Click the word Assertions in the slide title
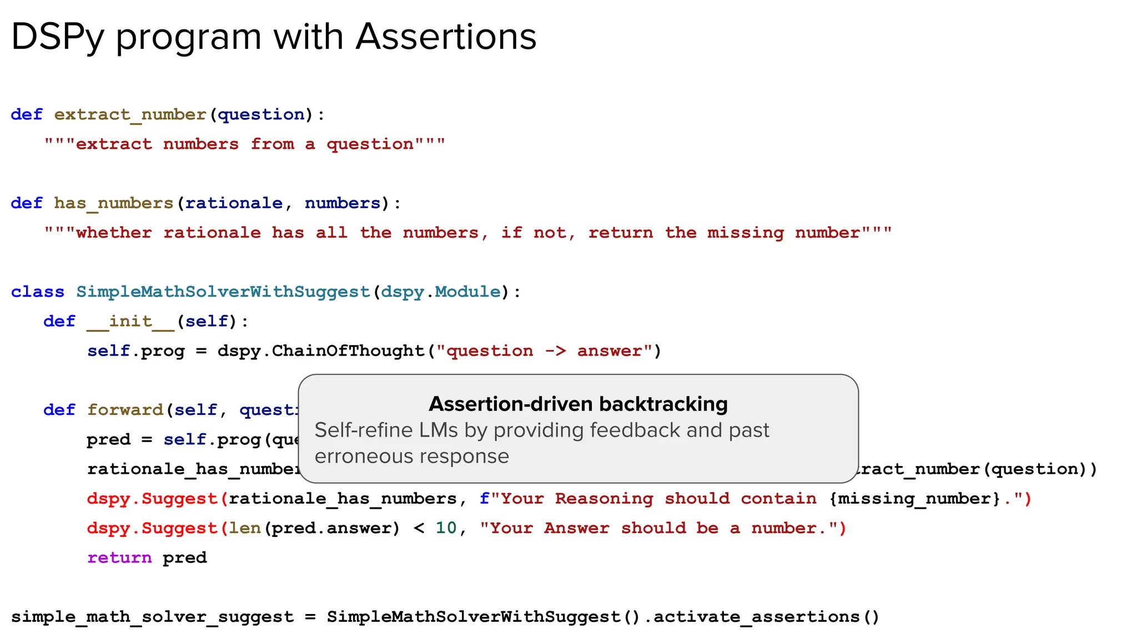pos(446,37)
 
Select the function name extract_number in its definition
pos(130,114)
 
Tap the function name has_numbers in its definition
pos(113,203)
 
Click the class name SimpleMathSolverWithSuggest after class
pos(223,292)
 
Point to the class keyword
pos(37,292)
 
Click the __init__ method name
pos(130,321)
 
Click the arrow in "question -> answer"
pos(555,351)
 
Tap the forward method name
pos(125,410)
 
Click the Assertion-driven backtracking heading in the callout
pos(578,404)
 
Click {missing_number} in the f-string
pos(914,498)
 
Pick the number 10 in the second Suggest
pos(446,528)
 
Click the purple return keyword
pos(119,557)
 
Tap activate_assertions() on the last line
pos(766,617)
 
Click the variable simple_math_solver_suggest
pos(152,617)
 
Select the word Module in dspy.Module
pos(467,292)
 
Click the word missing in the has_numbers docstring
pos(745,232)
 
